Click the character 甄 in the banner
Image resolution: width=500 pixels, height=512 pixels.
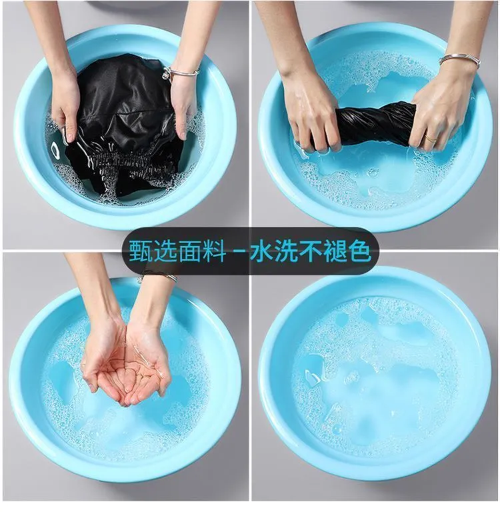(141, 251)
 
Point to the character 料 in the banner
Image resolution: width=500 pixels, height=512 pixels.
(214, 251)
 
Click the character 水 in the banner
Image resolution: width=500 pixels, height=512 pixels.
(261, 251)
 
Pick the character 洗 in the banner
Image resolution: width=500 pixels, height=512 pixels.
(286, 251)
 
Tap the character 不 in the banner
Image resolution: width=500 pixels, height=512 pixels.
(311, 251)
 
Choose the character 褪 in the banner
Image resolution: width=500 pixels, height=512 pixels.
(335, 251)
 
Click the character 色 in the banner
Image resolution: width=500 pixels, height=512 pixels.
(359, 251)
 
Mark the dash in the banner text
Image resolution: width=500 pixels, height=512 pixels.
(238, 251)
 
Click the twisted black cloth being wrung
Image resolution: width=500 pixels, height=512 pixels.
(374, 123)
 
